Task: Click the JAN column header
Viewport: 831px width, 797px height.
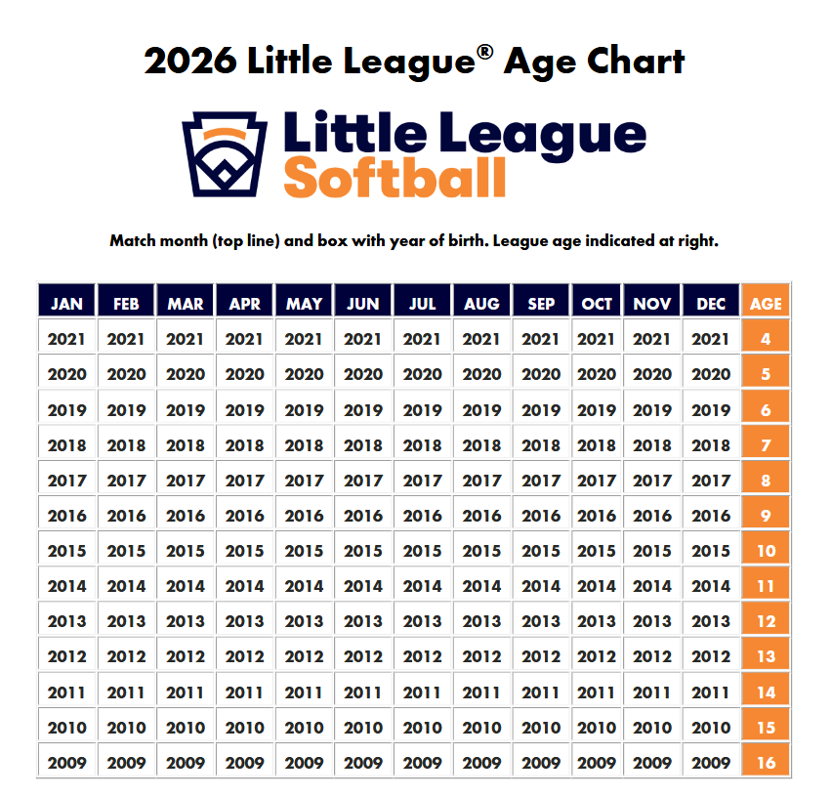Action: [66, 304]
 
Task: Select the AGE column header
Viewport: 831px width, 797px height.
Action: [766, 304]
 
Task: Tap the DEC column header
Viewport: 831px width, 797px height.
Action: [711, 304]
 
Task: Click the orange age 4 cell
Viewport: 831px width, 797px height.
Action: [766, 339]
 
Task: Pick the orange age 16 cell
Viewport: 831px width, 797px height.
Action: [766, 762]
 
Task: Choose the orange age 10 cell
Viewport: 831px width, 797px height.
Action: [766, 551]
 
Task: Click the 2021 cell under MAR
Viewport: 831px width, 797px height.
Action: [186, 339]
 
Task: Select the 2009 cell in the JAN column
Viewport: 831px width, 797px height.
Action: [66, 762]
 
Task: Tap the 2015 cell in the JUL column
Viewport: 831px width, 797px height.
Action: [422, 551]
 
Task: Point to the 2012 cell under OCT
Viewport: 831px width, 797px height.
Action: [597, 656]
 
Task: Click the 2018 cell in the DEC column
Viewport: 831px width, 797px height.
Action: [711, 444]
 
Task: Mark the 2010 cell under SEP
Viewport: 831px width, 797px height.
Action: [541, 727]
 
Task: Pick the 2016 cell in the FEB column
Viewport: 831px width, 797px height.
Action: [126, 515]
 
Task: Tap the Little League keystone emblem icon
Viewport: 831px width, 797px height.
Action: [225, 152]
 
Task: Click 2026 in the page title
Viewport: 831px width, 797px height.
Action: [189, 62]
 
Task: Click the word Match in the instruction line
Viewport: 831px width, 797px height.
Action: [134, 240]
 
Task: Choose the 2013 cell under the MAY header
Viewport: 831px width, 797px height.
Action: [304, 621]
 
